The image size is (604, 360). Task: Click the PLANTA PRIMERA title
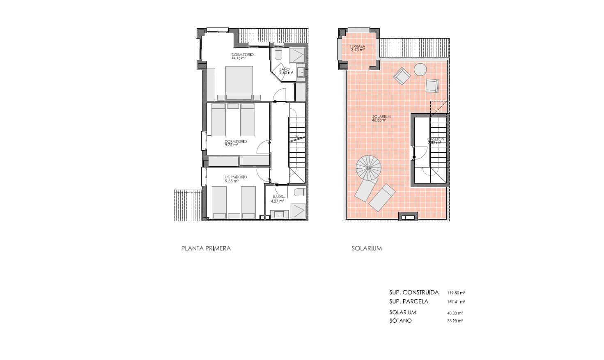point(206,248)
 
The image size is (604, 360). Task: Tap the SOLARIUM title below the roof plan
point(366,248)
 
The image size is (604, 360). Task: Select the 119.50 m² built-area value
point(456,293)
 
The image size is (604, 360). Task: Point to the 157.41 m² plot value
point(456,302)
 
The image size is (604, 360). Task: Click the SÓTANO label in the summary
point(400,321)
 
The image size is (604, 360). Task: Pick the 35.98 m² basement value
point(455,321)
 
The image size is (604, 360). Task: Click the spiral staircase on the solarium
point(368,167)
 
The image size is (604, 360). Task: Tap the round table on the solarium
point(420,69)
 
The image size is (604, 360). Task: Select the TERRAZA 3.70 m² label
point(357,48)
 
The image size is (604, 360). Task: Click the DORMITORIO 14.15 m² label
point(242,56)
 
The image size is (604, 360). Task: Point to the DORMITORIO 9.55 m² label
point(236,179)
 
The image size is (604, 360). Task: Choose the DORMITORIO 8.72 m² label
point(236,143)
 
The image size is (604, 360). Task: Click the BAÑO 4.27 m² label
point(278,199)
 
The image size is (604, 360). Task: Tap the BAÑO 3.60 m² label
point(285,71)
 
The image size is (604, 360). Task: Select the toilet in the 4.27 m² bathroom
point(300,192)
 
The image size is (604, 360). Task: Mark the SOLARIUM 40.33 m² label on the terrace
point(381,119)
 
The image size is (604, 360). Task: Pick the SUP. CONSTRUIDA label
point(414,293)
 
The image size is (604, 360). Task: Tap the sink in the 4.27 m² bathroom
point(279,214)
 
